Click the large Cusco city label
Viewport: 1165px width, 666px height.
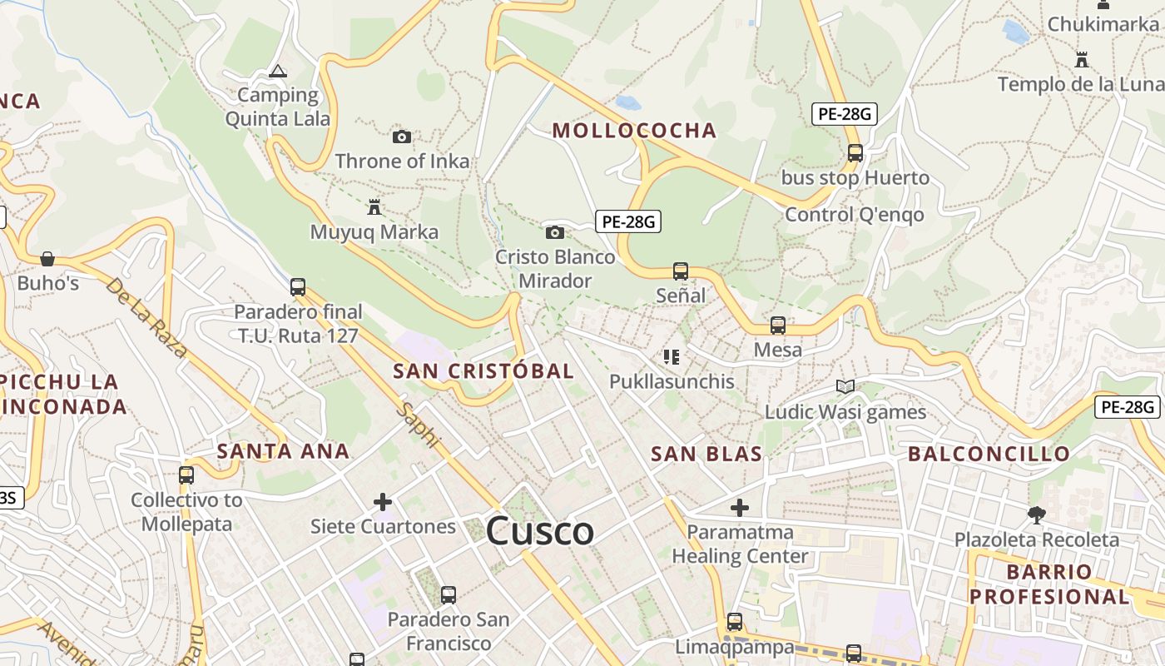pos(540,531)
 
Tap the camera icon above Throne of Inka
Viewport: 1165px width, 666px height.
pos(402,137)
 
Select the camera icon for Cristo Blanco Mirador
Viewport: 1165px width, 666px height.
pos(555,232)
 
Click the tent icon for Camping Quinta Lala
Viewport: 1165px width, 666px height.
pos(278,72)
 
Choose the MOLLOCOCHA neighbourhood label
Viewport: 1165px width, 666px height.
pos(634,131)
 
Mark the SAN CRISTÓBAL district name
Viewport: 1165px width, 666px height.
pos(483,371)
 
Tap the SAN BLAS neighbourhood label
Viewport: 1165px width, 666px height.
pos(706,454)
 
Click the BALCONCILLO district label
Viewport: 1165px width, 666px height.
pos(989,454)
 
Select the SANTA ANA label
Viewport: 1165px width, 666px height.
pos(283,451)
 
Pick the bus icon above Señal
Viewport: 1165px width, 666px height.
pos(681,271)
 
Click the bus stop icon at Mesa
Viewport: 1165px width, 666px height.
pos(778,326)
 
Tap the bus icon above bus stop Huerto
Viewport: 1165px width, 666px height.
pos(855,153)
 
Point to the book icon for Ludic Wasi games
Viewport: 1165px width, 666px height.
pos(845,386)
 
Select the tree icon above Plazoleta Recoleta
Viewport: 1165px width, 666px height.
pos(1037,514)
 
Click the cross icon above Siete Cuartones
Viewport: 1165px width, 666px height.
pos(383,502)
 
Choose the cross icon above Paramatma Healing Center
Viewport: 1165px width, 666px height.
pos(740,507)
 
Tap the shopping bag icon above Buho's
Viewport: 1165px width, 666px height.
pos(47,259)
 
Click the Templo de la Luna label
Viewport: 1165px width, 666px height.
pos(1080,84)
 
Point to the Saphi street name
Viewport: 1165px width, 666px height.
pos(417,425)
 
